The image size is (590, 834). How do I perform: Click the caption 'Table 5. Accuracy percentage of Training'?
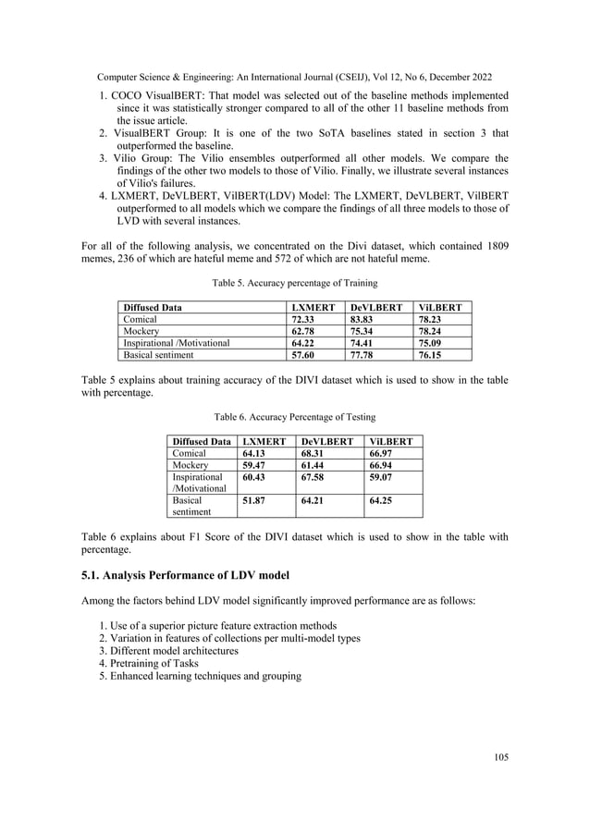click(294, 282)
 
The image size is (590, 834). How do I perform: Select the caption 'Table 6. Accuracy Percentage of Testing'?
click(294, 417)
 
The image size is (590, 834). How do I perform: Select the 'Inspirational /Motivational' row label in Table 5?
click(176, 342)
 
